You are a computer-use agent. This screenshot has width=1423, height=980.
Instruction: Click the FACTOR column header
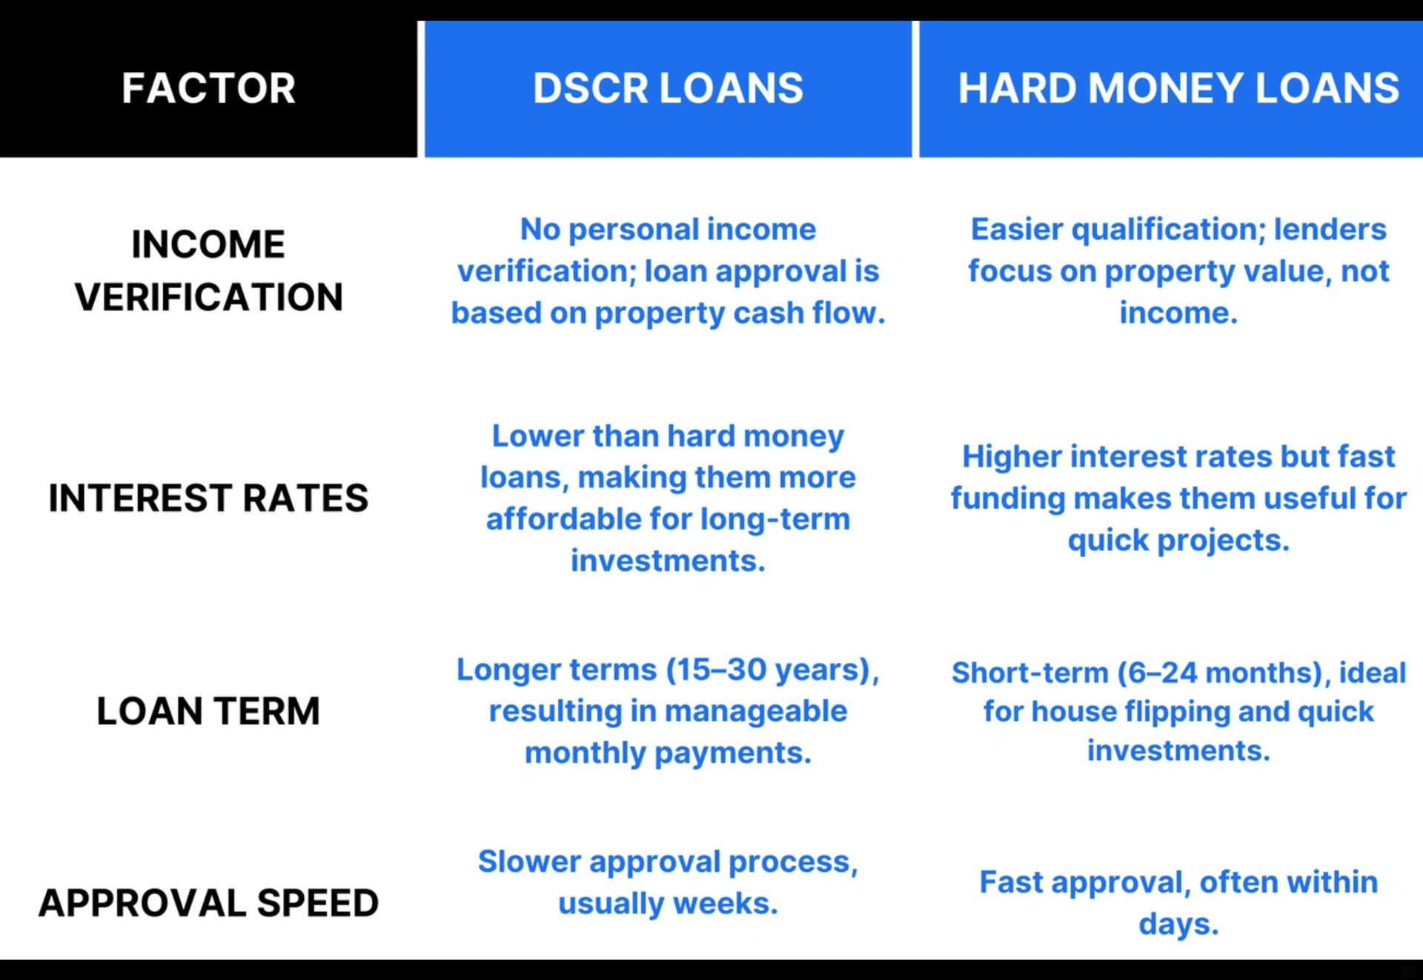click(x=208, y=88)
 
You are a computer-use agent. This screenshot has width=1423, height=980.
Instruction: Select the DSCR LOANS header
click(x=668, y=88)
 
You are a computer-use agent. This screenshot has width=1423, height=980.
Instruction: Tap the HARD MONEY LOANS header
click(x=1178, y=88)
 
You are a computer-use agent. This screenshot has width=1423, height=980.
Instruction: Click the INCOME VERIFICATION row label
click(x=208, y=270)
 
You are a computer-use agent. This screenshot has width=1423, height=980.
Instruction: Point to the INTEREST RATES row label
click(x=208, y=498)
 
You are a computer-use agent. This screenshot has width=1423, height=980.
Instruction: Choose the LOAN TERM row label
click(x=208, y=711)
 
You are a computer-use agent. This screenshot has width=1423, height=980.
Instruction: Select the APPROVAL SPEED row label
click(x=208, y=903)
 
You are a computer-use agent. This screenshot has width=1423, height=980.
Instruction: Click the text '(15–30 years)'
click(x=772, y=670)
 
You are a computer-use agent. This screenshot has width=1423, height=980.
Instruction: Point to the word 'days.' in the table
click(x=1178, y=924)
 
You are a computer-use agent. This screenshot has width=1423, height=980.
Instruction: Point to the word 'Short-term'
click(x=1030, y=673)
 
